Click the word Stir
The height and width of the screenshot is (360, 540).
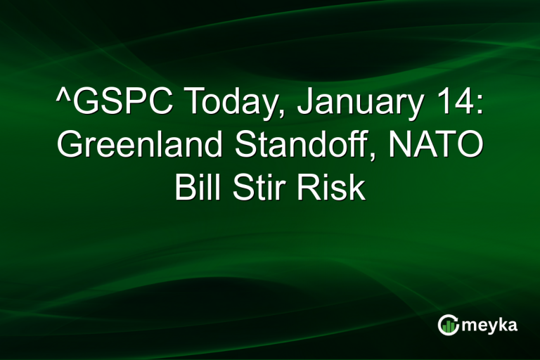tap(259, 188)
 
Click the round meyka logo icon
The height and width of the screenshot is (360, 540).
tap(448, 324)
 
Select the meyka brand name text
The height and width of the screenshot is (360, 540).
tap(489, 324)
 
